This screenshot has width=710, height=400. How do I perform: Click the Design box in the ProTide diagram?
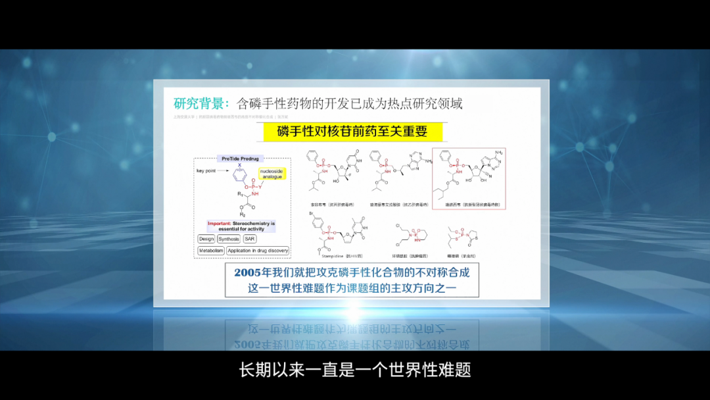(206, 239)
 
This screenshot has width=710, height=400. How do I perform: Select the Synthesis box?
(229, 239)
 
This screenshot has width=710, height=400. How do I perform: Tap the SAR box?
(250, 239)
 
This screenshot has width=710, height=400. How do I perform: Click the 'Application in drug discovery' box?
(258, 251)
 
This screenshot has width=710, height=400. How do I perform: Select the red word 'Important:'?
(218, 223)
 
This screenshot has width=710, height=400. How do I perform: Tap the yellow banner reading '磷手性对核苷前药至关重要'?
(352, 131)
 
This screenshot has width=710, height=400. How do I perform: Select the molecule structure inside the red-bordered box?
(467, 174)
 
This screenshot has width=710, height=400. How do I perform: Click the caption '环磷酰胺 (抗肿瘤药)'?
(412, 255)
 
